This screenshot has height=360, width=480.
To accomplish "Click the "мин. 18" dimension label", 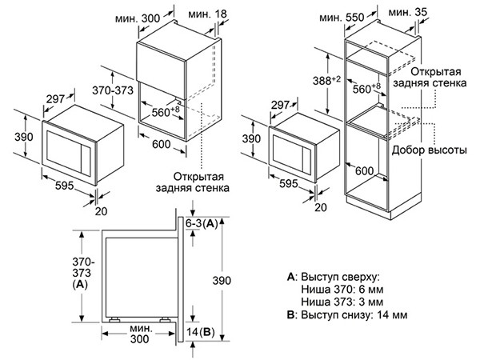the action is coord(208,14).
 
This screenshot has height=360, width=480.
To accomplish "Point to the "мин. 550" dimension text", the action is coord(342,17).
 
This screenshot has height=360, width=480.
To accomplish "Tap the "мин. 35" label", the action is coord(408,12).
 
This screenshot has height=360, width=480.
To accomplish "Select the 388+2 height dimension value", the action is coord(326,81).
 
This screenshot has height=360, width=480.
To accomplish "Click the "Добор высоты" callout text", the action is coord(429,150).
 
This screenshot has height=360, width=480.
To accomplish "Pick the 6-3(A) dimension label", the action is coord(202,224).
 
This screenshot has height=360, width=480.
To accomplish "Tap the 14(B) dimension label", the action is coord(200,332).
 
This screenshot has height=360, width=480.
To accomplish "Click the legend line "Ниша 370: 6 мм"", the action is coord(342,290).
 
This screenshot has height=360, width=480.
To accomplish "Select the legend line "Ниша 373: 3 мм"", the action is coord(342,302).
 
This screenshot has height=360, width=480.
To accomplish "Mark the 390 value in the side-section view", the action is coord(222,281).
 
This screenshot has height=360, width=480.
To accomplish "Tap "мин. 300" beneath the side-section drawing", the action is coord(140,334).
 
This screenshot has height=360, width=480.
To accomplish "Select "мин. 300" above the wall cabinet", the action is coord(138,18).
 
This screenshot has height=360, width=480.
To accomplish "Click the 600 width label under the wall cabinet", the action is coord(162,144).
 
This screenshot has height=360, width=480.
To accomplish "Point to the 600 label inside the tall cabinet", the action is coord(365,171).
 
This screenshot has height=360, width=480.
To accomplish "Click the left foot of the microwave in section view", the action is coord(114,320).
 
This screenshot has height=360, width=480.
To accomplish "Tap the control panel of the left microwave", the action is coord(86,160).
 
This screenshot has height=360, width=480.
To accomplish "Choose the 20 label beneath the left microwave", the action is coord(101,211).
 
